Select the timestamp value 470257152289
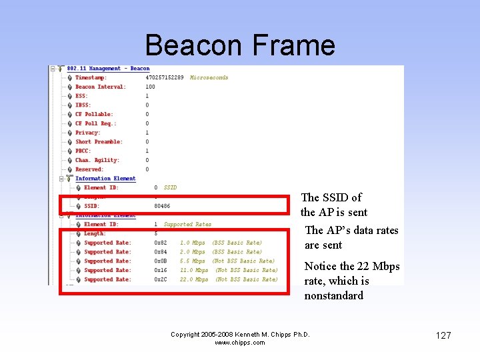pos(165,77)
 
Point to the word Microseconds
pos(209,77)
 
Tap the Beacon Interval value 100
pos(150,87)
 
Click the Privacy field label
pos(88,133)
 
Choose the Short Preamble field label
pos(99,141)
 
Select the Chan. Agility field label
pos(97,160)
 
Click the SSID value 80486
pos(162,206)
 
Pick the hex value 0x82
pos(160,243)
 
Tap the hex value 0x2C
pos(160,279)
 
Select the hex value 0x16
pos(160,270)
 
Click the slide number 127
pos(443,335)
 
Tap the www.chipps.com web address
pos(240,343)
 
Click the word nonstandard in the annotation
pos(333,295)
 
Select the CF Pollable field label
pos(94,114)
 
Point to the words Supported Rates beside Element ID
pos(187,225)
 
